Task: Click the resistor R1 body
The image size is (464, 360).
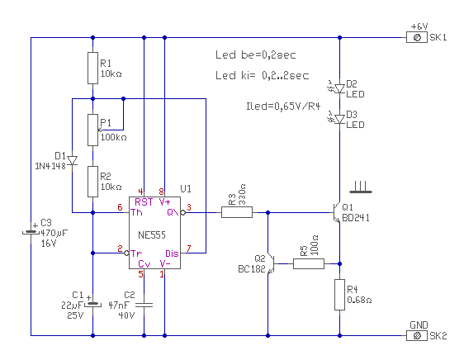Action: (93, 68)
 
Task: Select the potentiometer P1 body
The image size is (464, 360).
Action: (93, 130)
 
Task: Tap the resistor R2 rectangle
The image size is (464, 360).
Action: (93, 182)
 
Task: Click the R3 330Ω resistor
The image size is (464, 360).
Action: (237, 212)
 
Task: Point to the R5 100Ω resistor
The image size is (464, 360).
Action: (309, 263)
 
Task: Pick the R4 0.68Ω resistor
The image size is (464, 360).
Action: (339, 295)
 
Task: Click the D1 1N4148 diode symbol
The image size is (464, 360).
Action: (72, 161)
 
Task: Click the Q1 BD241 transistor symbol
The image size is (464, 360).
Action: (337, 212)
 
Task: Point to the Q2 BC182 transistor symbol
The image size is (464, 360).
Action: (271, 263)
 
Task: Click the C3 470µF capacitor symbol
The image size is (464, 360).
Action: (31, 233)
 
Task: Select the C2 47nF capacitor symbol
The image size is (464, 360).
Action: (144, 305)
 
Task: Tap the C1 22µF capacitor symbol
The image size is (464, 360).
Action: (93, 304)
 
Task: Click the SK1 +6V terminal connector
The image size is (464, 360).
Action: (417, 38)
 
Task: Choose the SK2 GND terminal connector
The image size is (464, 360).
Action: (417, 336)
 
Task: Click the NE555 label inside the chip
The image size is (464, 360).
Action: (152, 235)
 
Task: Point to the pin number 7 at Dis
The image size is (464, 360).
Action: (189, 248)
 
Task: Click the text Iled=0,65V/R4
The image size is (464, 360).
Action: (283, 106)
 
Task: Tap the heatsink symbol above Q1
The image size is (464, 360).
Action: (361, 187)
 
